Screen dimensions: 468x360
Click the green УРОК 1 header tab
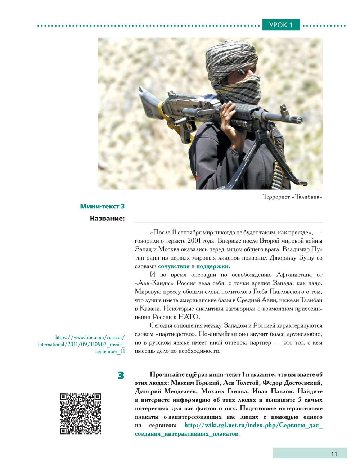281,25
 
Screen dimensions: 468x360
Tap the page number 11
334,454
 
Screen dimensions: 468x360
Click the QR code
80,414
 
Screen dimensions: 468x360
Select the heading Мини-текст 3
102,206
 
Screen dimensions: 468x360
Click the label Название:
107,218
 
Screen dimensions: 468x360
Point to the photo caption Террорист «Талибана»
292,197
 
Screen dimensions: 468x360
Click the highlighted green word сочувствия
174,266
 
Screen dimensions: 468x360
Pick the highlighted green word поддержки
212,266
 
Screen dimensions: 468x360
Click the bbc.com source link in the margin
82,344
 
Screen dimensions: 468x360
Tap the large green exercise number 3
121,375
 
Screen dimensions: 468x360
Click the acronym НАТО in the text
189,317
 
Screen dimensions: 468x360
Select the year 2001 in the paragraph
194,241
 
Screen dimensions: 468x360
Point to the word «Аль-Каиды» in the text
152,283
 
